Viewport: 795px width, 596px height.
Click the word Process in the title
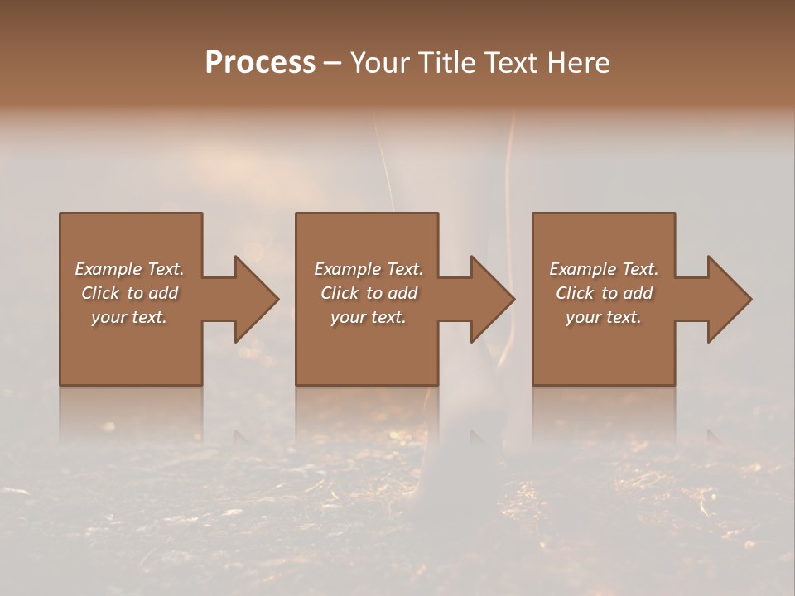260,63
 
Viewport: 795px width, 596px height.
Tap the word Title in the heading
449,63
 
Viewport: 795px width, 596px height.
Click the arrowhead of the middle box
492,299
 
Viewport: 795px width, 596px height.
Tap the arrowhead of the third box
729,299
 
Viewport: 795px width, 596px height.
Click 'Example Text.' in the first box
129,269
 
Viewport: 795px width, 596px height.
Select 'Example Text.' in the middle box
368,269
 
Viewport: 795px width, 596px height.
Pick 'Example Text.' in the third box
604,269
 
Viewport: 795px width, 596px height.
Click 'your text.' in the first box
129,317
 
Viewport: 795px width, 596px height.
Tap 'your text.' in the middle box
368,317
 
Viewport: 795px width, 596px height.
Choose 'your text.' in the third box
604,317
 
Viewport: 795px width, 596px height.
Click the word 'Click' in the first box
100,293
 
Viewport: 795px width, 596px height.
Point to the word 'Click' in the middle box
340,293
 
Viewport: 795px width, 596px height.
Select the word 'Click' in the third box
575,293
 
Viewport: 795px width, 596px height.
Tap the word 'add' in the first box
163,293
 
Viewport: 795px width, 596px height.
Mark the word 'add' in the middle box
402,293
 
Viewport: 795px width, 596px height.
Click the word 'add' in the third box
638,293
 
